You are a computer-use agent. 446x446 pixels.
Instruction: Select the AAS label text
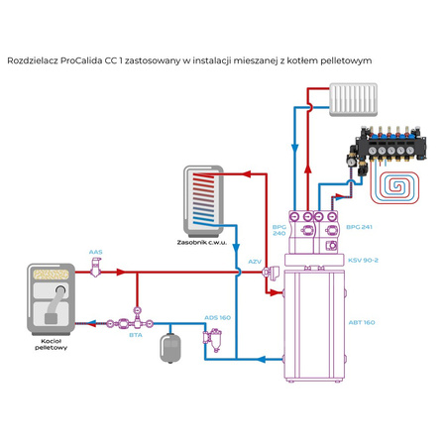tap(95, 252)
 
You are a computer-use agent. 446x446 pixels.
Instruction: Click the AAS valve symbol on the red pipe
tap(96, 270)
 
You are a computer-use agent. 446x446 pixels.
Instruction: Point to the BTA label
tap(135, 335)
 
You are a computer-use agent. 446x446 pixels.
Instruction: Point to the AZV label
tap(254, 262)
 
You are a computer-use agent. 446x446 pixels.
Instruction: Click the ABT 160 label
tap(362, 322)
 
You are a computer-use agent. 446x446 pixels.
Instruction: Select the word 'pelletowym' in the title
tap(341, 60)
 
